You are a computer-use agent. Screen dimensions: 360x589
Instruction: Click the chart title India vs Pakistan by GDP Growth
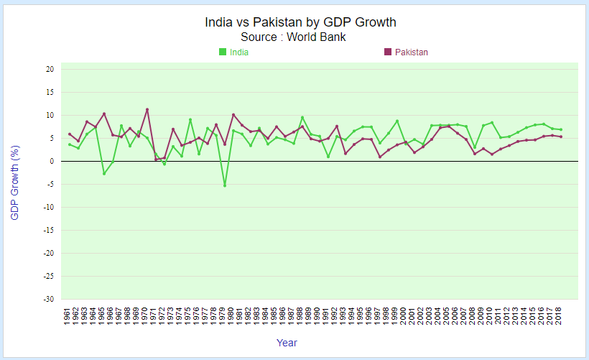[x=300, y=22]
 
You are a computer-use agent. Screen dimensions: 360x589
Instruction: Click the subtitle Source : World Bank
[x=294, y=37]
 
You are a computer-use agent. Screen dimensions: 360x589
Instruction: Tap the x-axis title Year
[x=287, y=343]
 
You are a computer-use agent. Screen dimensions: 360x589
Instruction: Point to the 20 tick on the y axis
[x=50, y=70]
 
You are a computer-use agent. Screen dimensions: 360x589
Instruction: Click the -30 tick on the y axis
[x=49, y=300]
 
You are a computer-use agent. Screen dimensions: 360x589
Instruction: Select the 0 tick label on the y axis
[x=52, y=162]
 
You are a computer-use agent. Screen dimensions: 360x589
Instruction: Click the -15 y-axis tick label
[x=49, y=231]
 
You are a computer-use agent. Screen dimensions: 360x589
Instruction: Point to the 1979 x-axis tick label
[x=225, y=315]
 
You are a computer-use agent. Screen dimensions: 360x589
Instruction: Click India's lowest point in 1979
[x=225, y=185]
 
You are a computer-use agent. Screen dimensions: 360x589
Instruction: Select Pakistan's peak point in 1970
[x=147, y=109]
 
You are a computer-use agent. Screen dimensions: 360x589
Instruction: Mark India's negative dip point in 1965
[x=104, y=174]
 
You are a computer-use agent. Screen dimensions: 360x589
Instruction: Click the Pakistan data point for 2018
[x=561, y=137]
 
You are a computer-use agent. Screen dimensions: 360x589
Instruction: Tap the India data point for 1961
[x=70, y=144]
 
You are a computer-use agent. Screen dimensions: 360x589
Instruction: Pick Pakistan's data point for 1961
[x=70, y=134]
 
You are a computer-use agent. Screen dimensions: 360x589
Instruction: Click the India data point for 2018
[x=561, y=129]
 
